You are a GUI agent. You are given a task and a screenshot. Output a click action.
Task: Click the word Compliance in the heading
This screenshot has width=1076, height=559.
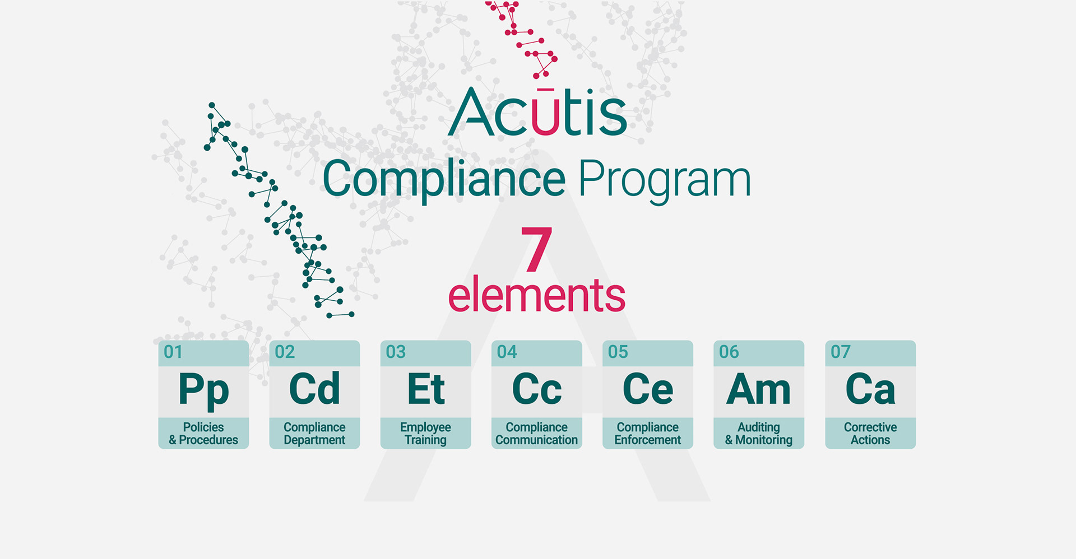[444, 179]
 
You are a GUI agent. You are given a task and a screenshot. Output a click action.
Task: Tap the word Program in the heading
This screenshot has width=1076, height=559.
[664, 179]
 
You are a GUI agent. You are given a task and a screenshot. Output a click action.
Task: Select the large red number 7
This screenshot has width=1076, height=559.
[536, 249]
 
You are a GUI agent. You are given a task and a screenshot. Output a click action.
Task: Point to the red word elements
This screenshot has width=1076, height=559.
[536, 295]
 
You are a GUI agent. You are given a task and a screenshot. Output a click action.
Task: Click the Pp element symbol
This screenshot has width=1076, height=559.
[203, 390]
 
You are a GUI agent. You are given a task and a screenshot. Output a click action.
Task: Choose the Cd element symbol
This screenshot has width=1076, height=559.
[314, 389]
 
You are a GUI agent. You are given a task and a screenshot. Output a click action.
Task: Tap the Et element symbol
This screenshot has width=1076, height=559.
[426, 389]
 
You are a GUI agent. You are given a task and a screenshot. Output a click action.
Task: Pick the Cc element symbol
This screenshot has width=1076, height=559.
[536, 389]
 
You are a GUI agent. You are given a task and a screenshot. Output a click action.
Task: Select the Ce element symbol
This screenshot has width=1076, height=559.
[648, 389]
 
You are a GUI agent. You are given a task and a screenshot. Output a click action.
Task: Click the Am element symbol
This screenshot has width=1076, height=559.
[758, 389]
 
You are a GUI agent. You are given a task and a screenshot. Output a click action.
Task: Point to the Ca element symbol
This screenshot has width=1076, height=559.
[870, 389]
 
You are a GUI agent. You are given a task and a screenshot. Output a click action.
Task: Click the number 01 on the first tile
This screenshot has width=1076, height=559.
[173, 352]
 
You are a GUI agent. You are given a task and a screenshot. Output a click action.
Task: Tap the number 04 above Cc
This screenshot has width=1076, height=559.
[507, 352]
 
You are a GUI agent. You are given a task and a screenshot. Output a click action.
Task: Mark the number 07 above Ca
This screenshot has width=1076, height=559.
[841, 352]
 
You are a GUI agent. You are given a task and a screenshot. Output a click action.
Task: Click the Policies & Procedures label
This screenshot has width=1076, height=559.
[203, 434]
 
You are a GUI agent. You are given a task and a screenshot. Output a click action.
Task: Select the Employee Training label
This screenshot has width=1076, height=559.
[425, 434]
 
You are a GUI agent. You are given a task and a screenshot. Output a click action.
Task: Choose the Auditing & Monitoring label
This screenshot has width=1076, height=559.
[758, 434]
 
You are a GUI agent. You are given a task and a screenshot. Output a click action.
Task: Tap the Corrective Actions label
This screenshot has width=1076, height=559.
[870, 434]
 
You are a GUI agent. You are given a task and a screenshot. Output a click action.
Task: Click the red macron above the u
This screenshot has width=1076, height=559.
[544, 89]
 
